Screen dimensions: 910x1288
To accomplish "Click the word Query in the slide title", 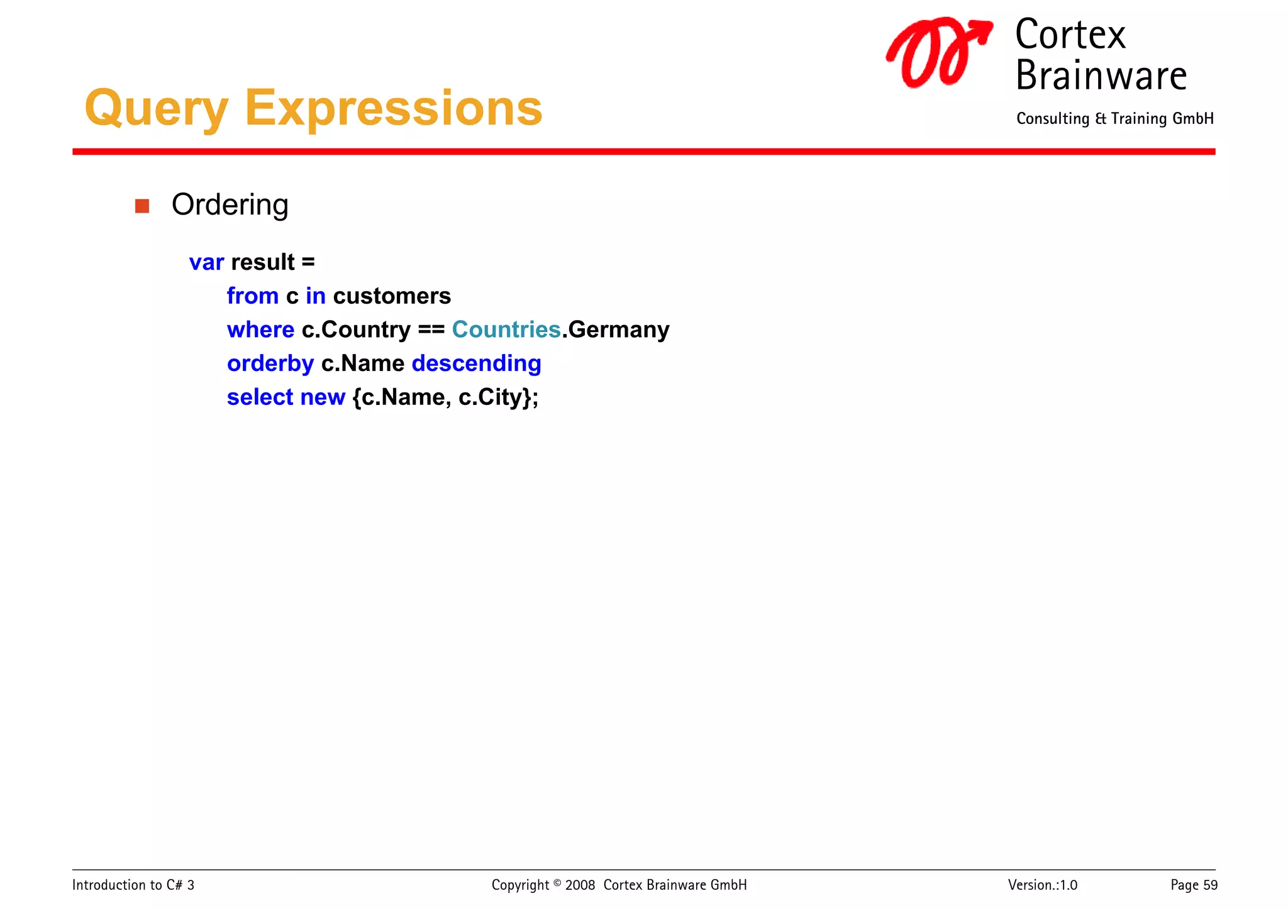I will (156, 108).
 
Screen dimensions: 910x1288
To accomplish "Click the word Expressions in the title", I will (393, 108).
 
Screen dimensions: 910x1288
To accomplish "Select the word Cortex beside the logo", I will (1070, 35).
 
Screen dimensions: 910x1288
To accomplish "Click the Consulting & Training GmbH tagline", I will (1114, 119).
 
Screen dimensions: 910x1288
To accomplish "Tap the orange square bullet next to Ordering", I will (142, 206).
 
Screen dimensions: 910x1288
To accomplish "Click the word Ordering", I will (230, 205).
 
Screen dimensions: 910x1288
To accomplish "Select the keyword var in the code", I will (206, 262).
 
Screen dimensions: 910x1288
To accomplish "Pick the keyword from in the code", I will (252, 296).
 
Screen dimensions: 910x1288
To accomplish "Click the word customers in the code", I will (392, 296).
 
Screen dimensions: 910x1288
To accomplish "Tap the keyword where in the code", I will (260, 330).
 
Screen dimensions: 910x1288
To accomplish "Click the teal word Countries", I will (506, 330).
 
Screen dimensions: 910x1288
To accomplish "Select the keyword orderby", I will (270, 363).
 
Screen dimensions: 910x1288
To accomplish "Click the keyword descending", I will (476, 363).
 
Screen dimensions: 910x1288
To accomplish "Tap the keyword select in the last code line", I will (260, 397).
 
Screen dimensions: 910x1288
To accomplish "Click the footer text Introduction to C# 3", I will (133, 885).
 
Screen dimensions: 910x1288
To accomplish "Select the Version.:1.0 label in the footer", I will (1042, 885).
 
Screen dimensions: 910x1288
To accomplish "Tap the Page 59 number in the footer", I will (1193, 885).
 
